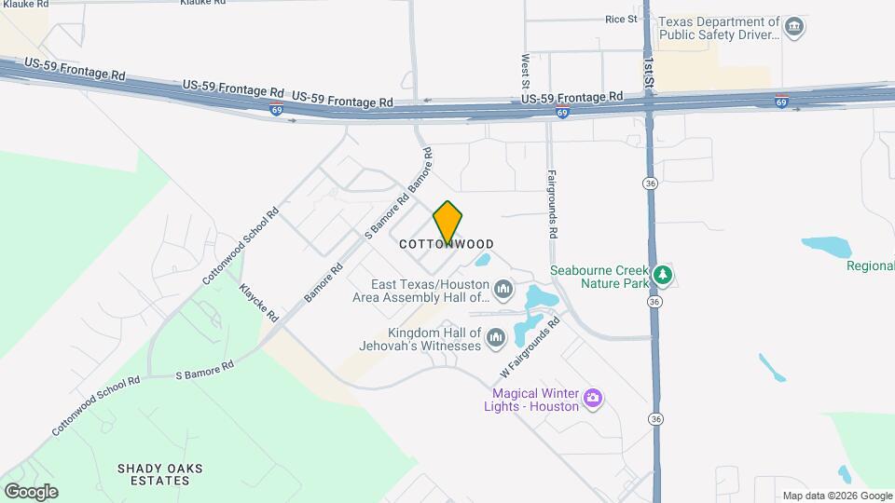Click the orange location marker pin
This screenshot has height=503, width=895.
(x=447, y=222)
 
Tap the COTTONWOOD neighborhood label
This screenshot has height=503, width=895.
(x=447, y=244)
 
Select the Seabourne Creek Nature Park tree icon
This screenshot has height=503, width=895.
(x=663, y=275)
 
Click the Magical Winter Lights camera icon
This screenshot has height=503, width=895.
(x=592, y=400)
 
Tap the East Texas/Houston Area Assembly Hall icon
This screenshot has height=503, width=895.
(x=503, y=289)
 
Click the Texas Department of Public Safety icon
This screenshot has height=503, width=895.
(x=793, y=27)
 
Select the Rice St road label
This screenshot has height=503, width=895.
(x=621, y=19)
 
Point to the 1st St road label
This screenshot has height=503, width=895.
(x=649, y=70)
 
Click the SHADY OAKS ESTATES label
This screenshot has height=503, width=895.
(x=160, y=474)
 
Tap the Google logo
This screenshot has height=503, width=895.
(x=31, y=491)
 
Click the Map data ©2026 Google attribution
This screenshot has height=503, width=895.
(x=837, y=496)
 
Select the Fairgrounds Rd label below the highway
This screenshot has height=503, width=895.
(x=552, y=203)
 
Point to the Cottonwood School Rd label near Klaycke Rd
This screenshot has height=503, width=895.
(x=241, y=246)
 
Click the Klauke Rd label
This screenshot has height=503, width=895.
(x=202, y=3)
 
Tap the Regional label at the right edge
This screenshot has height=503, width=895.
(x=870, y=266)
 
